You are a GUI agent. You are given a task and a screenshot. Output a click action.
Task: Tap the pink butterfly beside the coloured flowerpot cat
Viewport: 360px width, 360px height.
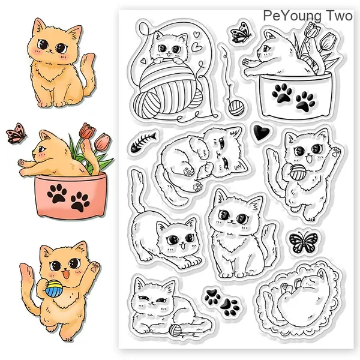16,133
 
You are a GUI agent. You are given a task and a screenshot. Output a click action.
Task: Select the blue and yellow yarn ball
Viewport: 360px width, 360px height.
53,289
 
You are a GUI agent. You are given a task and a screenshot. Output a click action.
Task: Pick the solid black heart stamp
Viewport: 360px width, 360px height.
261,132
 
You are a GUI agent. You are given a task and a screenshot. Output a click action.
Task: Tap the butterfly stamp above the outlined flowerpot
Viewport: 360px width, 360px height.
241,32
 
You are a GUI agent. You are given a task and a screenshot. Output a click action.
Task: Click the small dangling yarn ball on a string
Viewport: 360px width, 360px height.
236,108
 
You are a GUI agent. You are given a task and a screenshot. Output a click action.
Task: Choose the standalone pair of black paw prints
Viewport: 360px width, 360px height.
222,302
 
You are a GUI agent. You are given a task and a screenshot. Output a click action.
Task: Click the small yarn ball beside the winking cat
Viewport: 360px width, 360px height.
176,330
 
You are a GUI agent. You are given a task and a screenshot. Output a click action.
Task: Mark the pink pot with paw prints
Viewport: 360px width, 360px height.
71,195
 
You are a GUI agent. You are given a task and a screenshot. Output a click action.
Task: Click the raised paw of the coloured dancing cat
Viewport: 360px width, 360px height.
95,267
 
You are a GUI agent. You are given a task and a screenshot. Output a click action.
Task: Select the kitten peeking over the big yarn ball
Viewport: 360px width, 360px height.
169,46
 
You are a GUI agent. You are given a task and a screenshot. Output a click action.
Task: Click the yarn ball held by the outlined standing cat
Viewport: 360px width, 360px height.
298,172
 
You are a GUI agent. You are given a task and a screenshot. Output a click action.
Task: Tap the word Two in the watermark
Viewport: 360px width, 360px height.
339,16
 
